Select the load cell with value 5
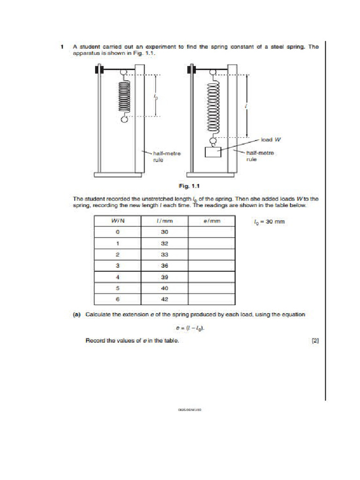(118, 288)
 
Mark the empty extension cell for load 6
(211, 300)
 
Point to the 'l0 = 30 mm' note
(269, 222)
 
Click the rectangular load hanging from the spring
(213, 152)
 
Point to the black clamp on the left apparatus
(99, 70)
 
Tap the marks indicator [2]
(315, 341)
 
